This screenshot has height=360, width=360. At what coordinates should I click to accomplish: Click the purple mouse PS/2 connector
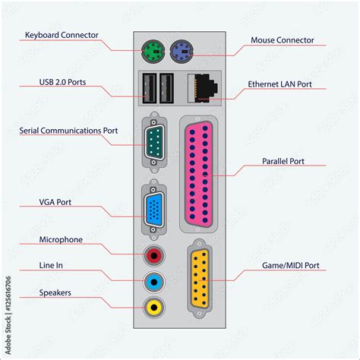pos(183,52)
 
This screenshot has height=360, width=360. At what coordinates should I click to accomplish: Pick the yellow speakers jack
pos(154,308)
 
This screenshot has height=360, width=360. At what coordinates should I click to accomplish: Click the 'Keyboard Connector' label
pos(61,35)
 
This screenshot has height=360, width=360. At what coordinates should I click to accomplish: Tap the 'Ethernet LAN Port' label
pos(279,84)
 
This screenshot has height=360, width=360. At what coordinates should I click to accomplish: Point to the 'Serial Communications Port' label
pos(68,131)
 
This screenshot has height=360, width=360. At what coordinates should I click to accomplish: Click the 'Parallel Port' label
pos(283,161)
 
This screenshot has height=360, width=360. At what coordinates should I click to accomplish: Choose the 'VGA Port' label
pos(61,203)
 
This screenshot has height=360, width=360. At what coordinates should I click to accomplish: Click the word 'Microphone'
pos(61,240)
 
